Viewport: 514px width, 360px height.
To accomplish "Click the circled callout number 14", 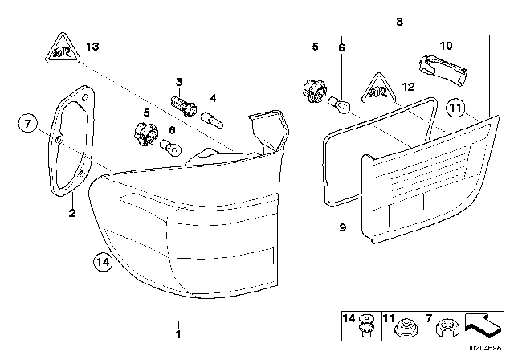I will click(x=101, y=260).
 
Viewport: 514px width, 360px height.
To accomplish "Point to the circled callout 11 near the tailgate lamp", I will click(x=455, y=106).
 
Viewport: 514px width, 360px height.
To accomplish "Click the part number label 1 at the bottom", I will click(x=178, y=333).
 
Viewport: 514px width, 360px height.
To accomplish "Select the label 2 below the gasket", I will click(x=71, y=213).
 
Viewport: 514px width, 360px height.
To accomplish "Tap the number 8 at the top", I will click(x=399, y=23).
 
